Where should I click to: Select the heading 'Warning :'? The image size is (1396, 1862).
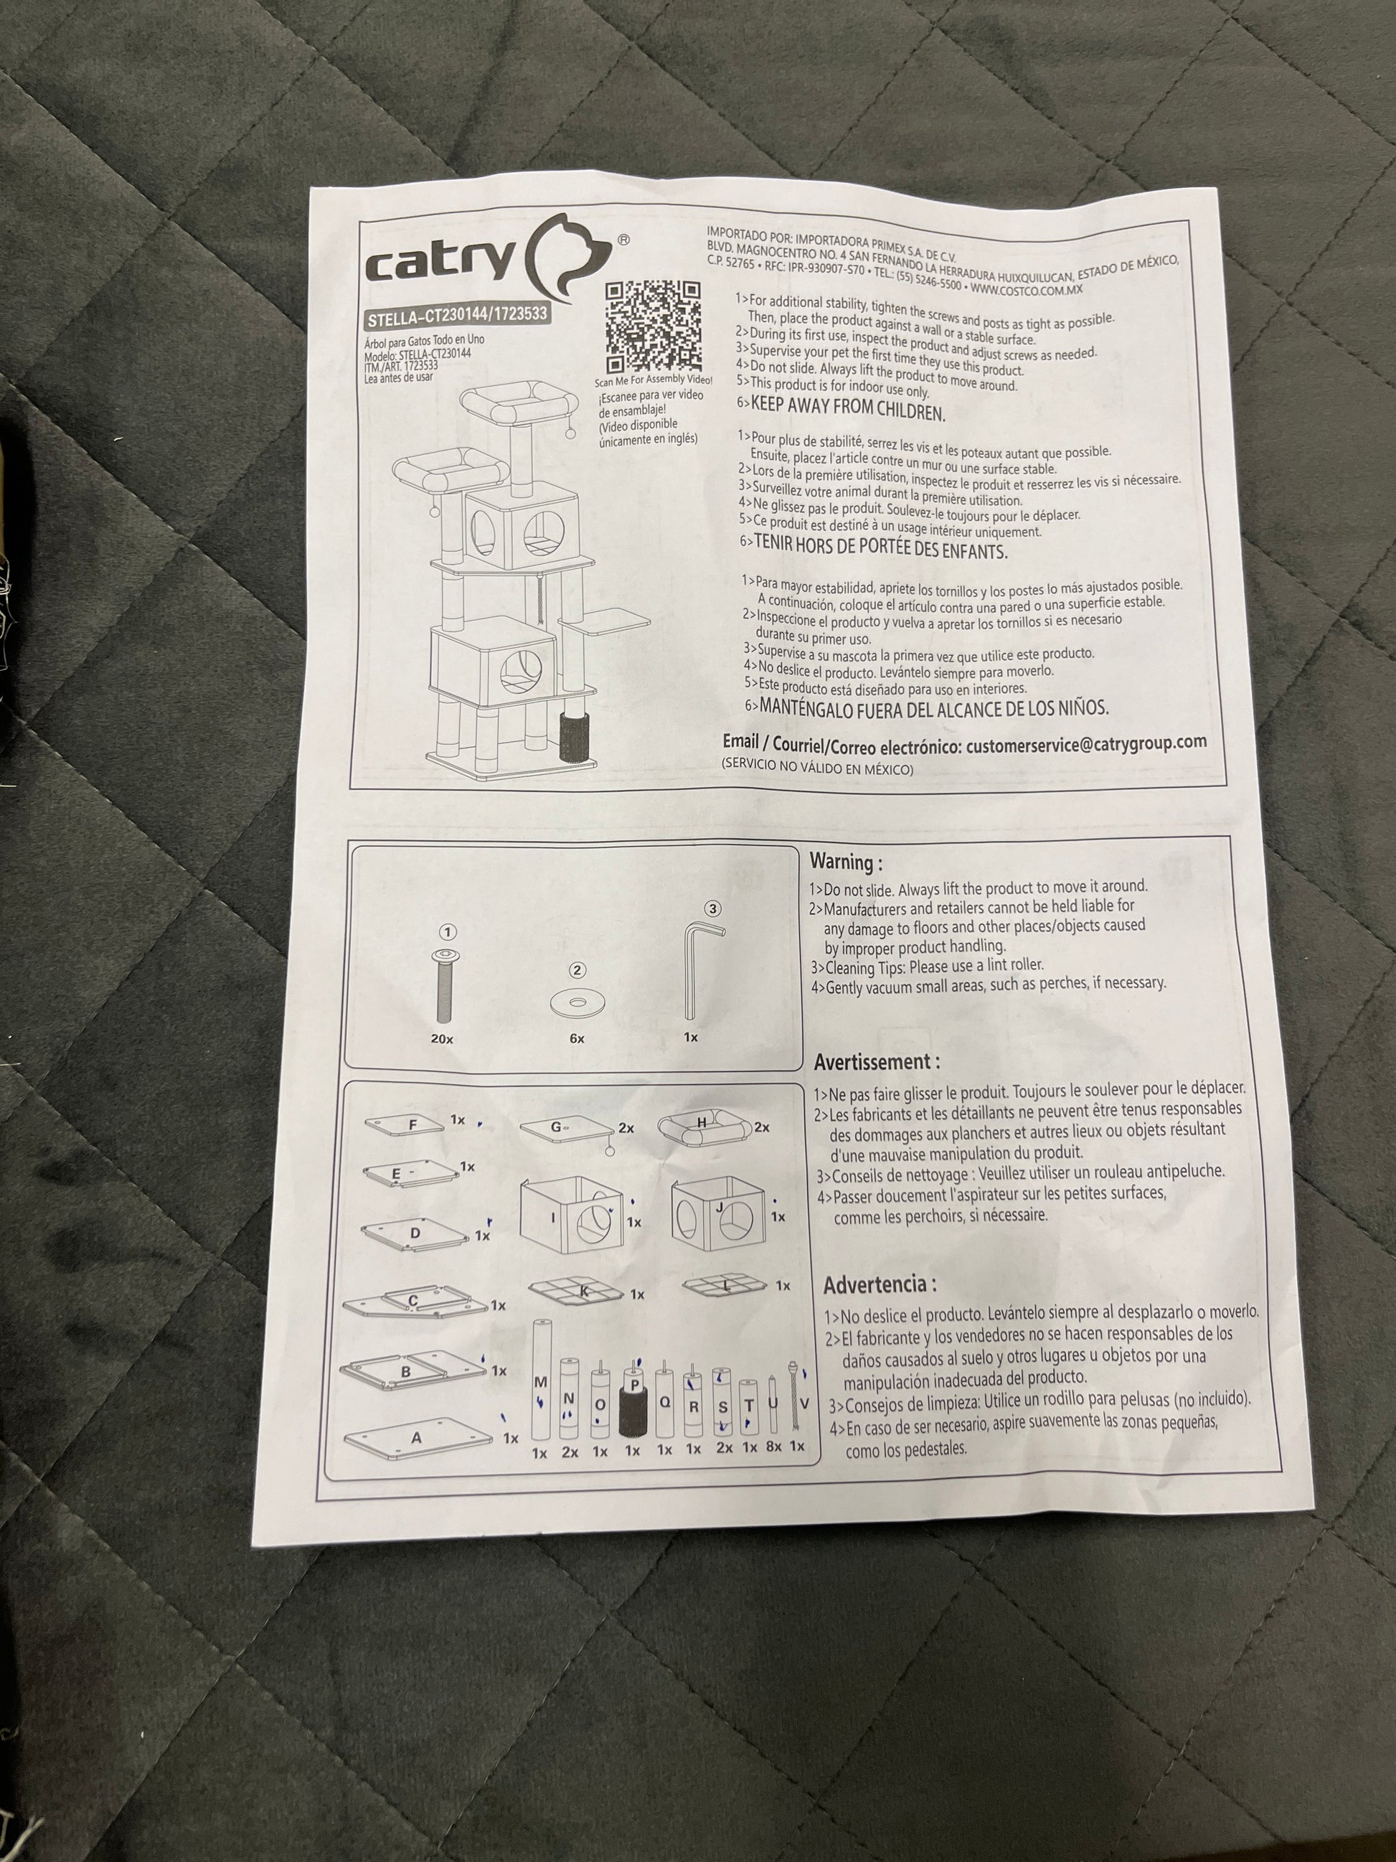(x=846, y=862)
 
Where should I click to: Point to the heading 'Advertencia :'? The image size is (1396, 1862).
(x=879, y=1285)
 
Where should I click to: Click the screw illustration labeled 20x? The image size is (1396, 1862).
(x=443, y=983)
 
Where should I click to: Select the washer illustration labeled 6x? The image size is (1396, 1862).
(x=577, y=1002)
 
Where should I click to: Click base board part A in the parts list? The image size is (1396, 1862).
(x=418, y=1439)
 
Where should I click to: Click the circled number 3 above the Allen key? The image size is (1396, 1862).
(x=714, y=908)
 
